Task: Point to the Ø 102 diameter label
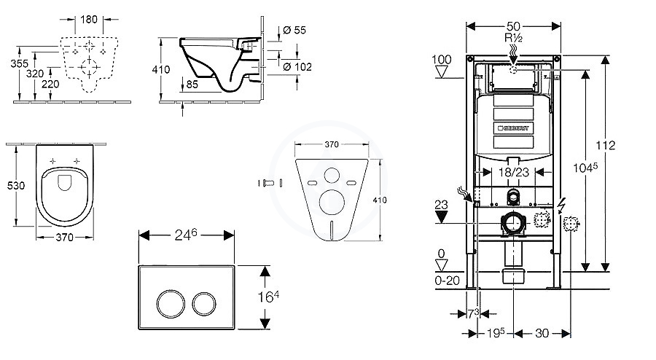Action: pos(297,67)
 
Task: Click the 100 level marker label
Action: pos(442,59)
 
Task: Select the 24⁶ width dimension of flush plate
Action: pos(186,235)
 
